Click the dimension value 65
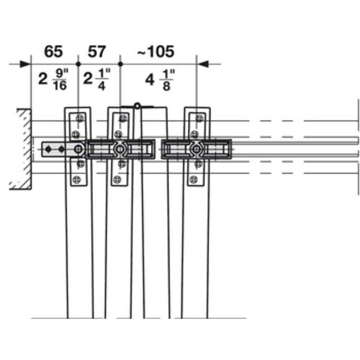53,52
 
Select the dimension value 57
97,52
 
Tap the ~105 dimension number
156,52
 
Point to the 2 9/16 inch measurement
53,80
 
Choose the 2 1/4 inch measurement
97,80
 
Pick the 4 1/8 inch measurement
160,80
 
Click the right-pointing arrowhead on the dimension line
25,64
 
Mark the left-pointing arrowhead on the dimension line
203,64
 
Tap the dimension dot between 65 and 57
78,64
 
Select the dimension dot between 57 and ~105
120,64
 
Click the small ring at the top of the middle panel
137,106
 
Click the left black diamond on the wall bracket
48,149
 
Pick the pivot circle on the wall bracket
78,150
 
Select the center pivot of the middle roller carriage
120,150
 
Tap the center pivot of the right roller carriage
196,150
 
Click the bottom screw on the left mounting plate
76,180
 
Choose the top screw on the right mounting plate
199,118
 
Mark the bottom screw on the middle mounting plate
117,179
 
